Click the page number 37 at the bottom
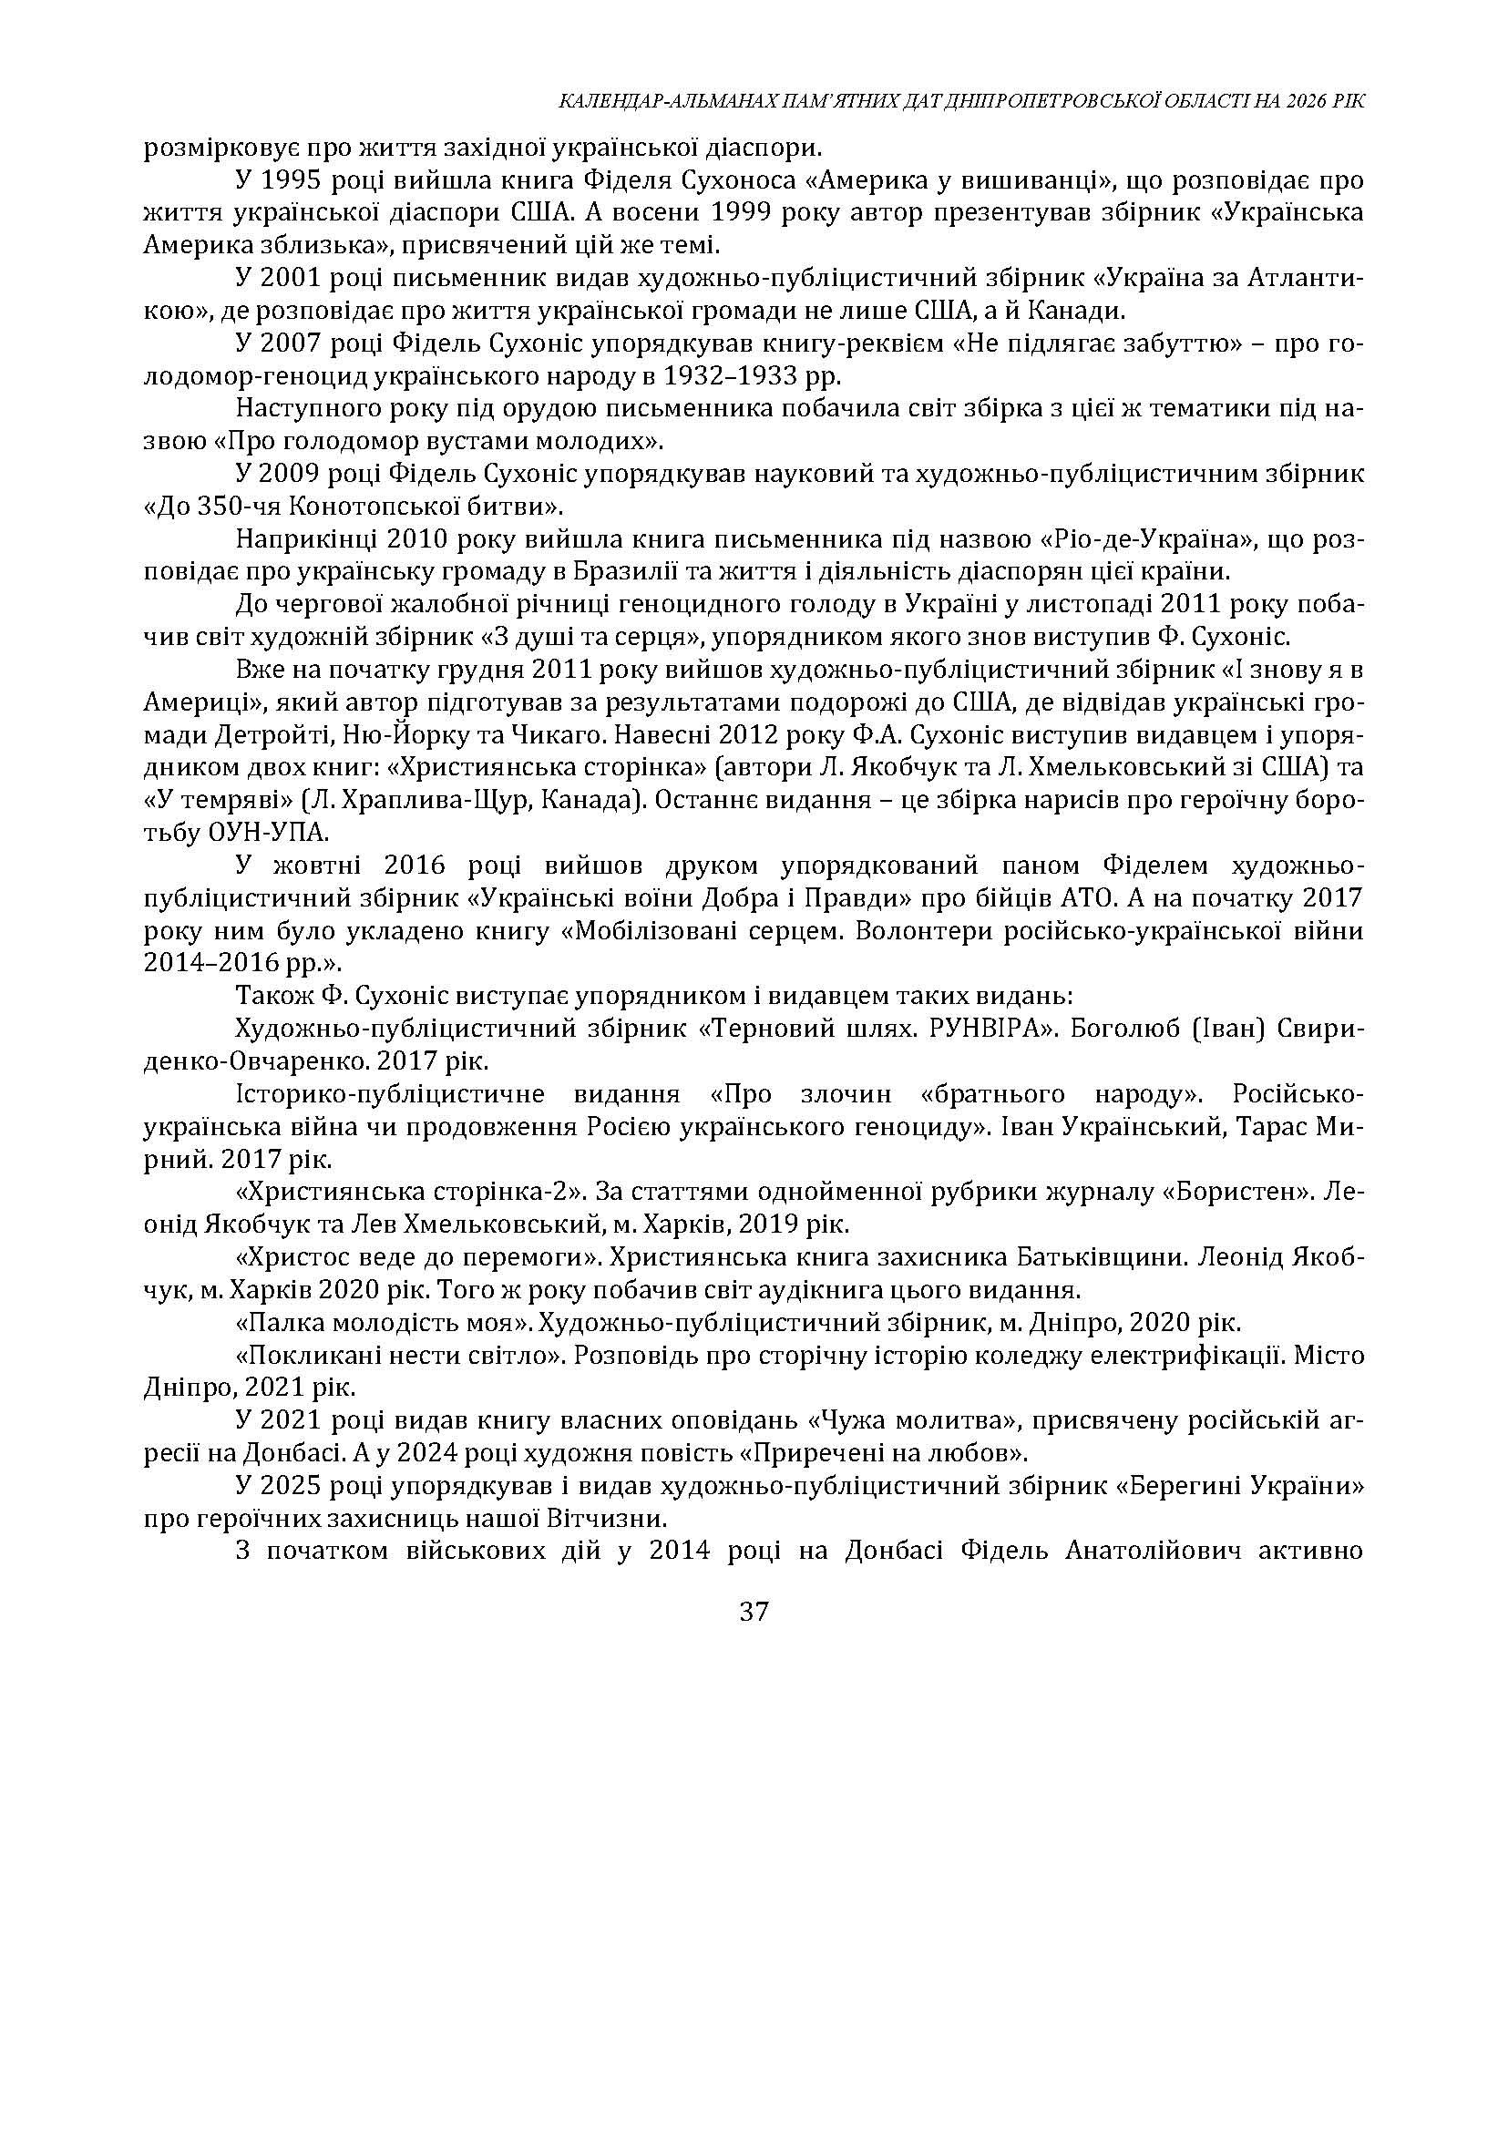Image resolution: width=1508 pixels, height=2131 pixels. (753, 1612)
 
